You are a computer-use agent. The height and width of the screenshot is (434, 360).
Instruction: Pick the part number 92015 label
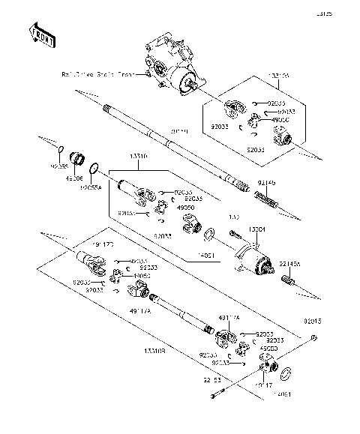313,321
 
